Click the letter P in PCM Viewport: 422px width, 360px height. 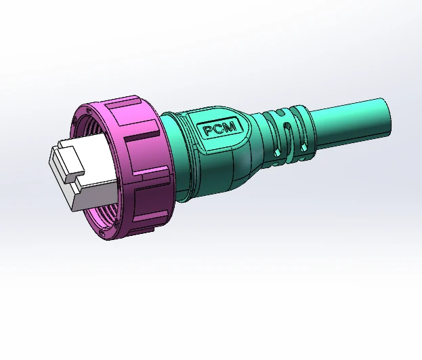click(x=209, y=131)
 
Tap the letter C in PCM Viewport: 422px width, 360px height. click(x=219, y=129)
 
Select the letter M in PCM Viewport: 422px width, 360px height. click(x=230, y=127)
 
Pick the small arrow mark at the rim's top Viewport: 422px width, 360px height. click(x=88, y=112)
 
